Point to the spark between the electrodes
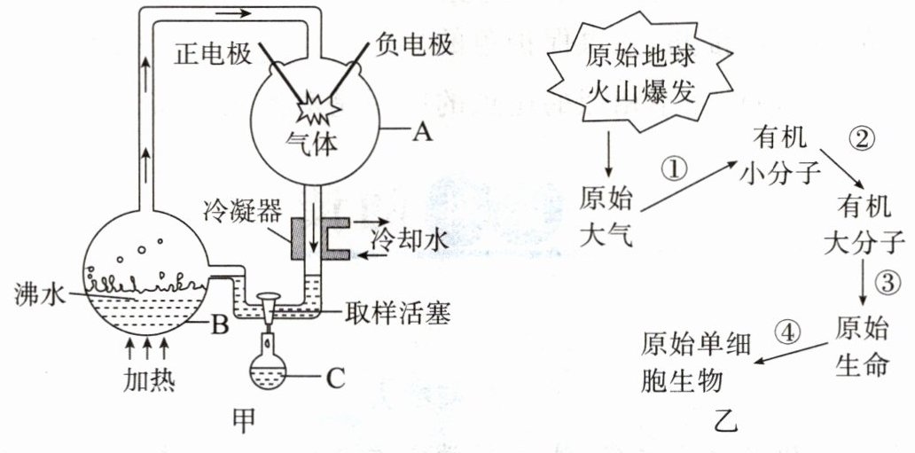[318, 108]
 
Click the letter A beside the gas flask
[422, 133]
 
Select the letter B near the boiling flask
[219, 325]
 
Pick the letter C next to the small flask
[335, 379]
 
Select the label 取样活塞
[397, 314]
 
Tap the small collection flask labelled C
[268, 371]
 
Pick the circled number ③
[887, 285]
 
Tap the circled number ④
[786, 333]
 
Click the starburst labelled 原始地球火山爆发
[640, 74]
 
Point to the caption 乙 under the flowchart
[726, 420]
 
